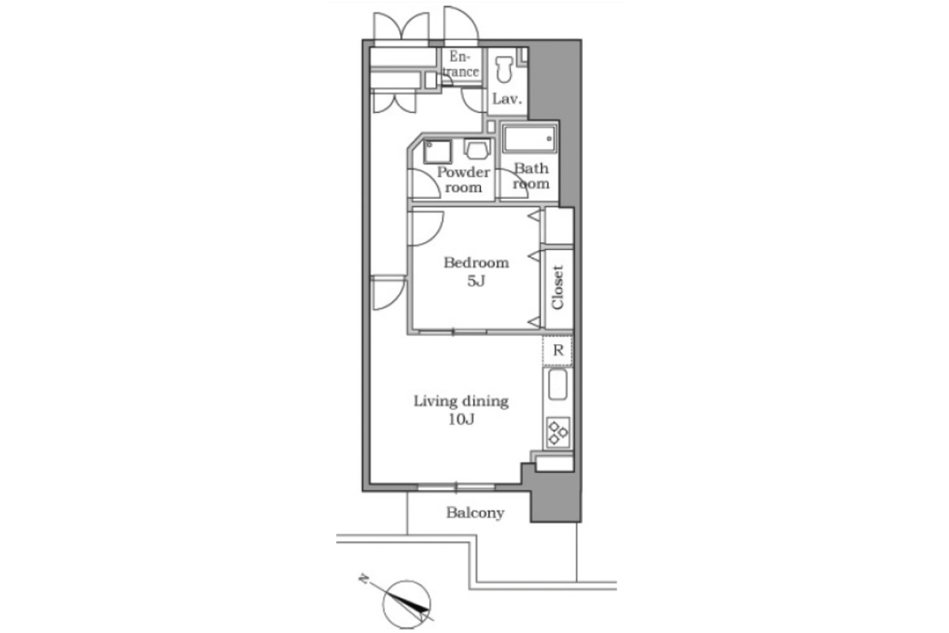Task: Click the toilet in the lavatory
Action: [x=505, y=70]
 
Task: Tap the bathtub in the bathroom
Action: [x=530, y=138]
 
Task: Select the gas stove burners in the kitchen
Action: [x=558, y=432]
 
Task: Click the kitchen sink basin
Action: [x=558, y=385]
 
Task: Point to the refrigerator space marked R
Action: [x=558, y=351]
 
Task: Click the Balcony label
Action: [x=475, y=513]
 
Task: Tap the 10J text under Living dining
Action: [x=461, y=419]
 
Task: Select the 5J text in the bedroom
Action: [x=476, y=281]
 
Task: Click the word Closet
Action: [x=558, y=287]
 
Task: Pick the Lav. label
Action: [x=507, y=99]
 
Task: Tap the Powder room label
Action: [x=463, y=180]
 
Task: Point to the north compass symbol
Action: [x=406, y=605]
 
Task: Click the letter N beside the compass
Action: [x=363, y=578]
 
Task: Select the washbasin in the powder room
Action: [x=477, y=147]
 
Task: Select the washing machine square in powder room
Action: [x=437, y=152]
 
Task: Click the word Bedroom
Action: [x=476, y=263]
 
